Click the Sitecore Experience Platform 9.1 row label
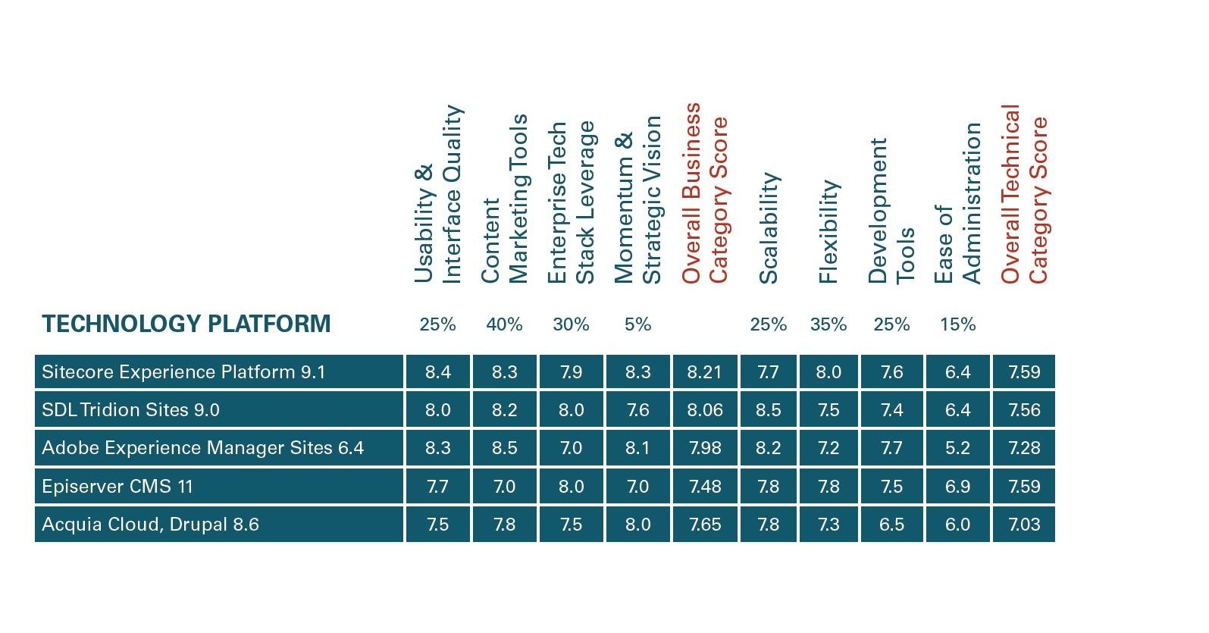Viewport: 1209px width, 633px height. pyautogui.click(x=183, y=372)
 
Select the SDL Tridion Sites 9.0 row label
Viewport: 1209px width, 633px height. pyautogui.click(x=130, y=410)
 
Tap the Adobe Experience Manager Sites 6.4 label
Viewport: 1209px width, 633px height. pyautogui.click(x=202, y=448)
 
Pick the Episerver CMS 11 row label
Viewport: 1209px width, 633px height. pyautogui.click(x=117, y=486)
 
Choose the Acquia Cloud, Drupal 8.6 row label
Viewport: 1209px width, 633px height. pyautogui.click(x=150, y=525)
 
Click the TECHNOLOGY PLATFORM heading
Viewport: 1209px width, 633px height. pyautogui.click(x=186, y=324)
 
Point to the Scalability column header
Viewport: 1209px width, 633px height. pyautogui.click(x=769, y=227)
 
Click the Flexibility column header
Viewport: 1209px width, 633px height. pyautogui.click(x=828, y=231)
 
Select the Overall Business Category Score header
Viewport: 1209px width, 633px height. pyautogui.click(x=704, y=193)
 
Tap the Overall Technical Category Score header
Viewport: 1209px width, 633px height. pyautogui.click(x=1023, y=194)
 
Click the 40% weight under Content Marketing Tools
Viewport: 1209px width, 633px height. pyautogui.click(x=504, y=324)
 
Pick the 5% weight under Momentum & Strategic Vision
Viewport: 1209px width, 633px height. pyautogui.click(x=637, y=324)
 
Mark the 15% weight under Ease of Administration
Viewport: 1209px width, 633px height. pyautogui.click(x=957, y=324)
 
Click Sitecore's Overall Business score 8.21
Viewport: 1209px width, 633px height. pyautogui.click(x=705, y=372)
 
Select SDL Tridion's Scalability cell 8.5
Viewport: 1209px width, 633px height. pyautogui.click(x=768, y=410)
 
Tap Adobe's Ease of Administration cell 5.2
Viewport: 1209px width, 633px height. pyautogui.click(x=957, y=448)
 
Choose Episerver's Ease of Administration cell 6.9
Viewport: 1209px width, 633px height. pyautogui.click(x=957, y=486)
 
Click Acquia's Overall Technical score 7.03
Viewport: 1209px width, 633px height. pyautogui.click(x=1024, y=525)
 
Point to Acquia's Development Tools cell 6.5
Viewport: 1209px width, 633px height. pyautogui.click(x=891, y=525)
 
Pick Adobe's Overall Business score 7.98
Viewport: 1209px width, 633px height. pyautogui.click(x=705, y=448)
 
